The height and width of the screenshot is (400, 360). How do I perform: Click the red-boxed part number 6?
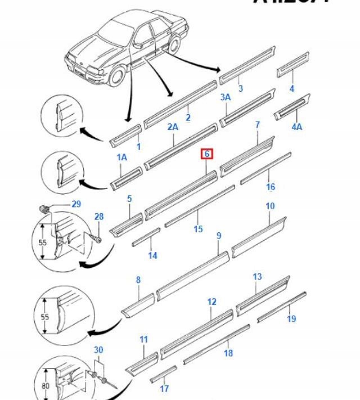click(x=207, y=154)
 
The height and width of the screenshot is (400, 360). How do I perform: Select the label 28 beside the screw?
click(x=98, y=217)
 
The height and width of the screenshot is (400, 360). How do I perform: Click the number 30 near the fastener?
click(x=98, y=350)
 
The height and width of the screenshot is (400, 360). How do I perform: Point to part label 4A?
click(x=296, y=127)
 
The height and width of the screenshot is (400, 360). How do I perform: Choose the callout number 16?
click(x=271, y=187)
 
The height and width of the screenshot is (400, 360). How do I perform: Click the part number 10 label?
click(x=270, y=206)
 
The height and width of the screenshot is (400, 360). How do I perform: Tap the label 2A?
click(x=173, y=127)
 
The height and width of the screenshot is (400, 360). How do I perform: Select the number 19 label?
click(x=291, y=319)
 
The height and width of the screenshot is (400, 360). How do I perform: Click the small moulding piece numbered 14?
click(x=146, y=237)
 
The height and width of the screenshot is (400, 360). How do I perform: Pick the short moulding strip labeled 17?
click(x=163, y=374)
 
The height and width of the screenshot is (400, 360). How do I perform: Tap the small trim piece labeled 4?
click(x=292, y=64)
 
